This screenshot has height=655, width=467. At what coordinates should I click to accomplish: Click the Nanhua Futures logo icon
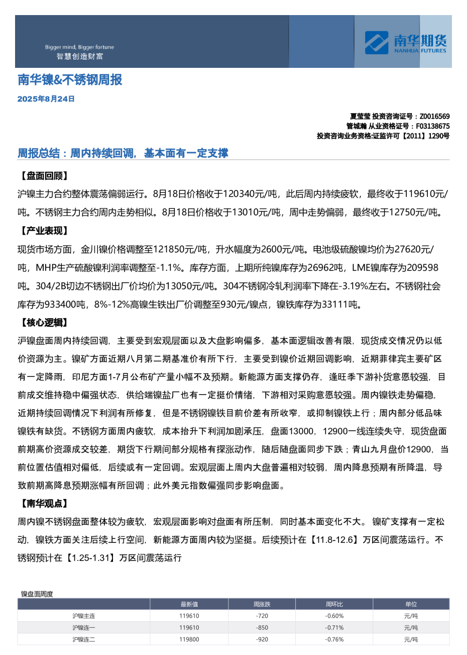(x=376, y=43)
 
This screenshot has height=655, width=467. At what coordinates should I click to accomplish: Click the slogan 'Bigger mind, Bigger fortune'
(x=79, y=47)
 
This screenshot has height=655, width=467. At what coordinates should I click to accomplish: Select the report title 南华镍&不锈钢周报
(x=70, y=80)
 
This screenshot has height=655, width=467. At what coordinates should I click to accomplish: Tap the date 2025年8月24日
(x=46, y=99)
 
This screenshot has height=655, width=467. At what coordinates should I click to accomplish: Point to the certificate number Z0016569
(x=434, y=117)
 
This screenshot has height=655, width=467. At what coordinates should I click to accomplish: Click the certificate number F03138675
(x=432, y=126)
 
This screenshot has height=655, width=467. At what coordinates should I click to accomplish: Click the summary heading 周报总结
(x=39, y=153)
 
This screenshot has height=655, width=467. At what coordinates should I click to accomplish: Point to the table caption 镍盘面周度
(x=37, y=594)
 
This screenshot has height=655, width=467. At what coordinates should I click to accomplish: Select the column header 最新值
(x=189, y=604)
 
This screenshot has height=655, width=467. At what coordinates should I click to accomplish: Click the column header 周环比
(x=334, y=604)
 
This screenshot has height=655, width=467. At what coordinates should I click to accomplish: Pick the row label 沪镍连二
(x=83, y=639)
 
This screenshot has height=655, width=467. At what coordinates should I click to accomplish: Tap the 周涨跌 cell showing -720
(x=262, y=616)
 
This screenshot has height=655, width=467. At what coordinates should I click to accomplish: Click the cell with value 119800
(x=189, y=639)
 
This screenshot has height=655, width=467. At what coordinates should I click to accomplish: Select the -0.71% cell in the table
(x=334, y=628)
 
